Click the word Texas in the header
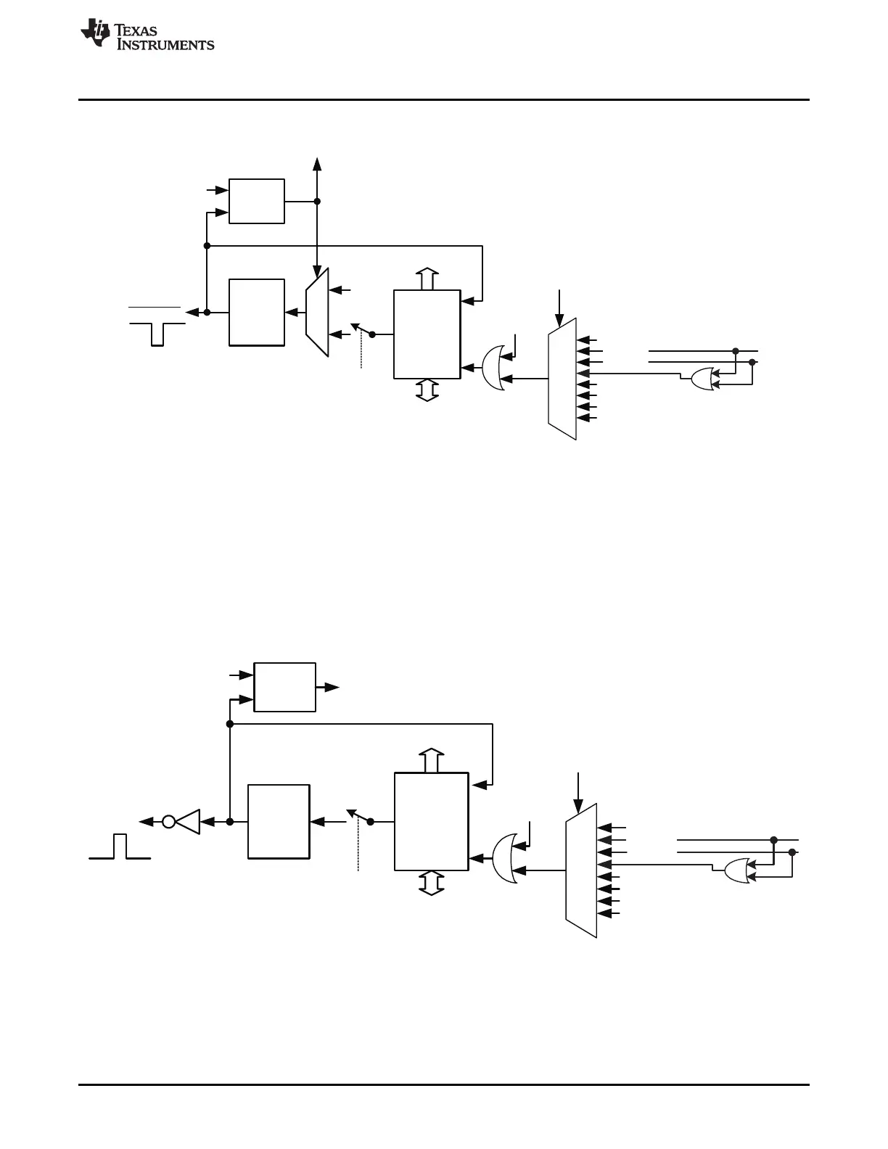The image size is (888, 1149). click(x=137, y=30)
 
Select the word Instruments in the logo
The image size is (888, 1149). click(x=165, y=44)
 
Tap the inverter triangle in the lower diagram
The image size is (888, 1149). click(x=189, y=822)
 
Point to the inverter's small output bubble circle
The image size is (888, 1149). click(x=168, y=822)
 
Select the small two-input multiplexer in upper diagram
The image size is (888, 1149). click(x=317, y=312)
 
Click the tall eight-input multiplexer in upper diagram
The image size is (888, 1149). click(x=562, y=379)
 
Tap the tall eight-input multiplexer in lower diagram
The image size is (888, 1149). click(x=581, y=870)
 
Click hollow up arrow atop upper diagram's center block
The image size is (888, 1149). click(x=427, y=279)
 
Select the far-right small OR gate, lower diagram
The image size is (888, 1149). click(x=736, y=870)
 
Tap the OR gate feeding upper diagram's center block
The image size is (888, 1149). click(x=493, y=368)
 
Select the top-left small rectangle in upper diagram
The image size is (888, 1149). click(x=256, y=201)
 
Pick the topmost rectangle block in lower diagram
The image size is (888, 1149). click(x=284, y=686)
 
